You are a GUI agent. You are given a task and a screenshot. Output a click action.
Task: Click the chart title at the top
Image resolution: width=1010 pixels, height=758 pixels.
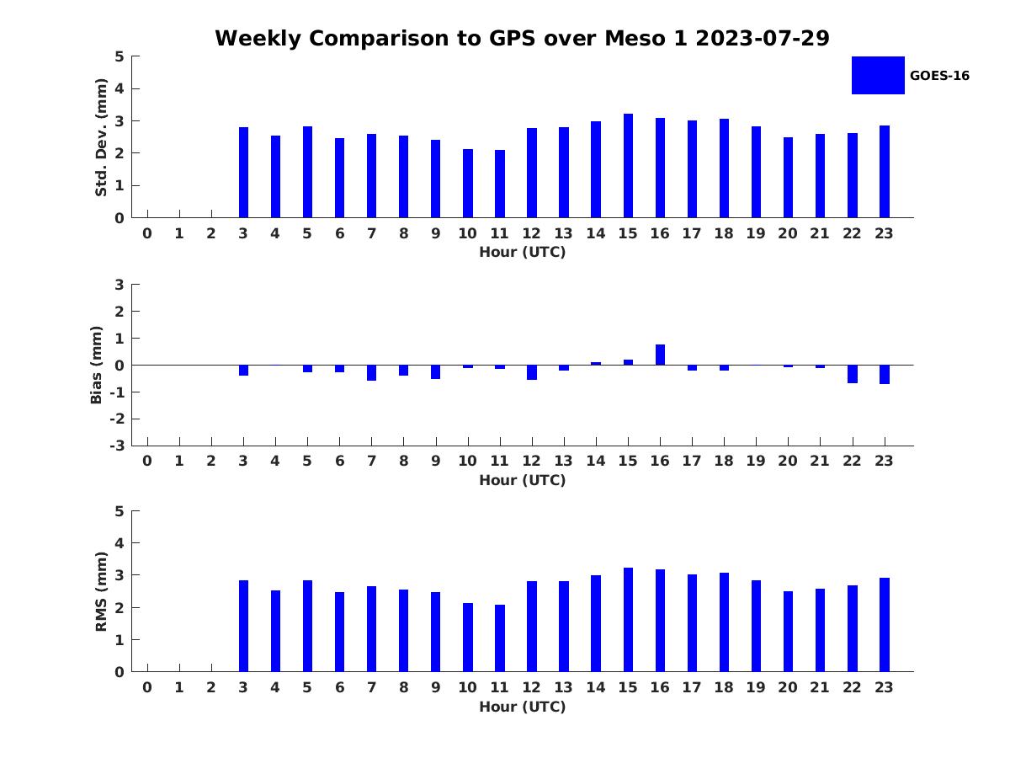pyautogui.click(x=522, y=39)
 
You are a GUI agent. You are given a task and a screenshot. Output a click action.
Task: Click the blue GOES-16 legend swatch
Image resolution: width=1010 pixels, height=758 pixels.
pyautogui.click(x=878, y=75)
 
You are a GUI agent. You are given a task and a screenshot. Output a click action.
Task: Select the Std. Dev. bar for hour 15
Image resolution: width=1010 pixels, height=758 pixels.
pyautogui.click(x=628, y=166)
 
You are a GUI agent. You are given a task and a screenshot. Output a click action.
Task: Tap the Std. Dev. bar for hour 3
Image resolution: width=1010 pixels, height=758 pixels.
pyautogui.click(x=243, y=173)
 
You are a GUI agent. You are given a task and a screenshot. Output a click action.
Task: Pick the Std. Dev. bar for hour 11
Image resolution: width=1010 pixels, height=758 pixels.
pyautogui.click(x=500, y=184)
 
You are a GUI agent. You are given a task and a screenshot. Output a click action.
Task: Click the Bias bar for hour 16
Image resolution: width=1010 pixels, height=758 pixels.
pyautogui.click(x=660, y=355)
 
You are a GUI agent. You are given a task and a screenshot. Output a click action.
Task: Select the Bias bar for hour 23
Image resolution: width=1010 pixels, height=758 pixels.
pyautogui.click(x=885, y=374)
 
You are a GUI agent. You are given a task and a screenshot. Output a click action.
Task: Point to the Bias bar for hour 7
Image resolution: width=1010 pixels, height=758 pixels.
pyautogui.click(x=371, y=372)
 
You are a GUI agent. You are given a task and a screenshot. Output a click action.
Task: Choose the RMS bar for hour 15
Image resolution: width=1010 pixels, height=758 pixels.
pyautogui.click(x=628, y=620)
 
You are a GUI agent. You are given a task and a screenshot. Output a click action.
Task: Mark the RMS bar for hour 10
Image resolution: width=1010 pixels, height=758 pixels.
pyautogui.click(x=468, y=638)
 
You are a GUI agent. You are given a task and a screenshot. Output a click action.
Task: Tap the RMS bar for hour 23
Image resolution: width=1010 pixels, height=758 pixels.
pyautogui.click(x=885, y=625)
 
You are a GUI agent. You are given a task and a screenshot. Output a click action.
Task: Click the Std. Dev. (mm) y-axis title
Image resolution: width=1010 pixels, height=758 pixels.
pyautogui.click(x=101, y=137)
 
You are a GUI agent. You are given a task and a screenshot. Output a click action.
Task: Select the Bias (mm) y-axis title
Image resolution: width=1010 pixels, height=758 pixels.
pyautogui.click(x=97, y=365)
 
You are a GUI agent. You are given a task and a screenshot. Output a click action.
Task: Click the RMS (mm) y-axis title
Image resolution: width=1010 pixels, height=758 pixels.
pyautogui.click(x=101, y=591)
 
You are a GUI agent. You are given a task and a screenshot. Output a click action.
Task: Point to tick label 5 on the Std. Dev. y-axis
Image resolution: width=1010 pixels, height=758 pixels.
pyautogui.click(x=120, y=56)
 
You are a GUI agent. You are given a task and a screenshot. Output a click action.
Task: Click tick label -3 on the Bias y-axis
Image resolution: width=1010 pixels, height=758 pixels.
pyautogui.click(x=117, y=446)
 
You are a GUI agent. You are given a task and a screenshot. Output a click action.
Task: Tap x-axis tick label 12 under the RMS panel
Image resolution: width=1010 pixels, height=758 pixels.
pyautogui.click(x=531, y=687)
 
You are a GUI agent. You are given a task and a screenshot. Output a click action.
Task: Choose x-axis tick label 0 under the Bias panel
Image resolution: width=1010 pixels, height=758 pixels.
pyautogui.click(x=147, y=461)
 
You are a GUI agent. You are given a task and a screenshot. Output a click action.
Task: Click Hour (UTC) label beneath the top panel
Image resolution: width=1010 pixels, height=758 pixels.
pyautogui.click(x=522, y=252)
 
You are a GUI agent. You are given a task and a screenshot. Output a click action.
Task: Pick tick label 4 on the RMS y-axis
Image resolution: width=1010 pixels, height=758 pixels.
pyautogui.click(x=120, y=543)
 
